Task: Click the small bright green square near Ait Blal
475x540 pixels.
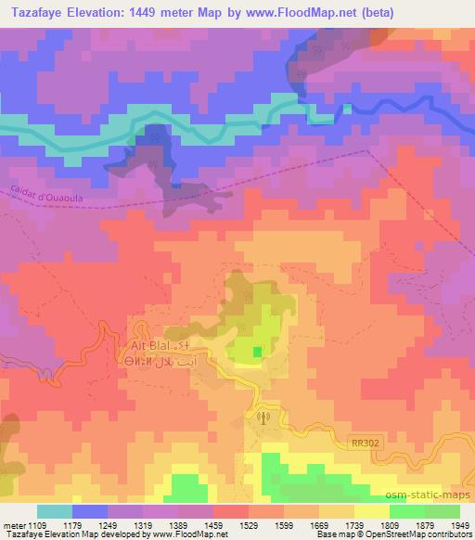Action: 257,350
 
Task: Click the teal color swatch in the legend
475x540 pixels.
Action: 55,510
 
